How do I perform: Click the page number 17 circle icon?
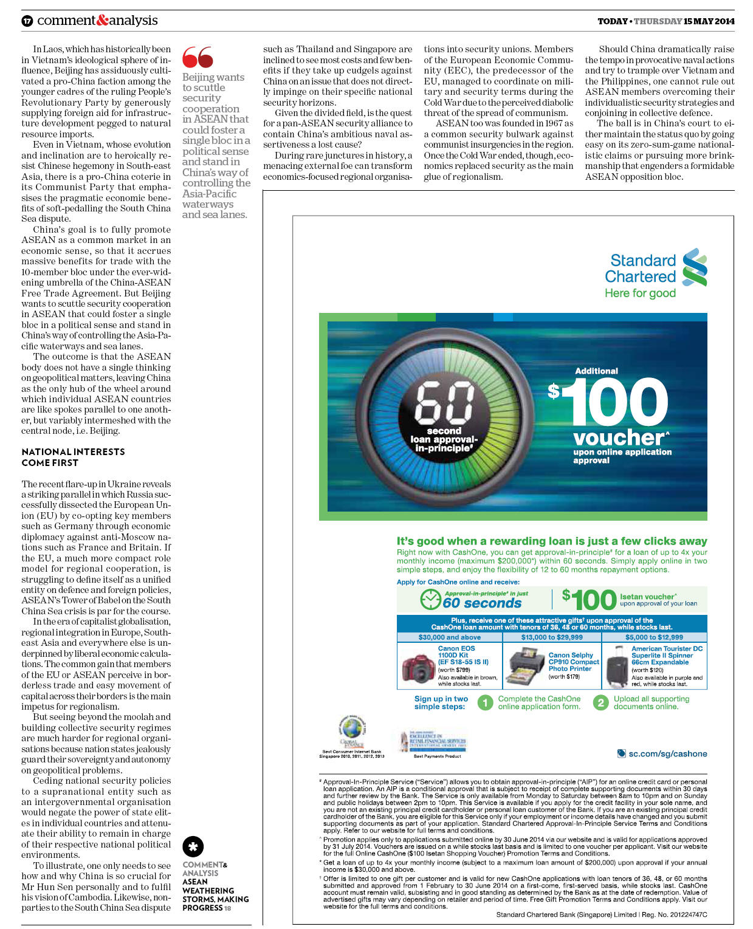(x=27, y=21)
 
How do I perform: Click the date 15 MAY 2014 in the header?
(x=709, y=21)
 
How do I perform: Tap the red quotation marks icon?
(x=198, y=57)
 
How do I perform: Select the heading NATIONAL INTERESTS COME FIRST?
(x=73, y=457)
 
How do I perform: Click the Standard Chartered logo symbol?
(x=695, y=267)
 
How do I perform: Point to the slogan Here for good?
(x=640, y=293)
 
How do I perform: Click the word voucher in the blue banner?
(x=619, y=437)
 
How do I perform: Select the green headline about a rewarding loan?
(x=551, y=541)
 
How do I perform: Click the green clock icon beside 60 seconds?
(x=430, y=599)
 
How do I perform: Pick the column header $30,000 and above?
(x=449, y=637)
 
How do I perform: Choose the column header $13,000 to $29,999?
(x=552, y=637)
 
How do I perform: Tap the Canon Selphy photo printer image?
(x=526, y=667)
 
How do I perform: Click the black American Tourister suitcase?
(x=617, y=667)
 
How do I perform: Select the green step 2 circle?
(x=600, y=703)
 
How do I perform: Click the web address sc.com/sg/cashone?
(x=667, y=753)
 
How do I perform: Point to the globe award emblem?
(x=352, y=730)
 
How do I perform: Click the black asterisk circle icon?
(x=193, y=846)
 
